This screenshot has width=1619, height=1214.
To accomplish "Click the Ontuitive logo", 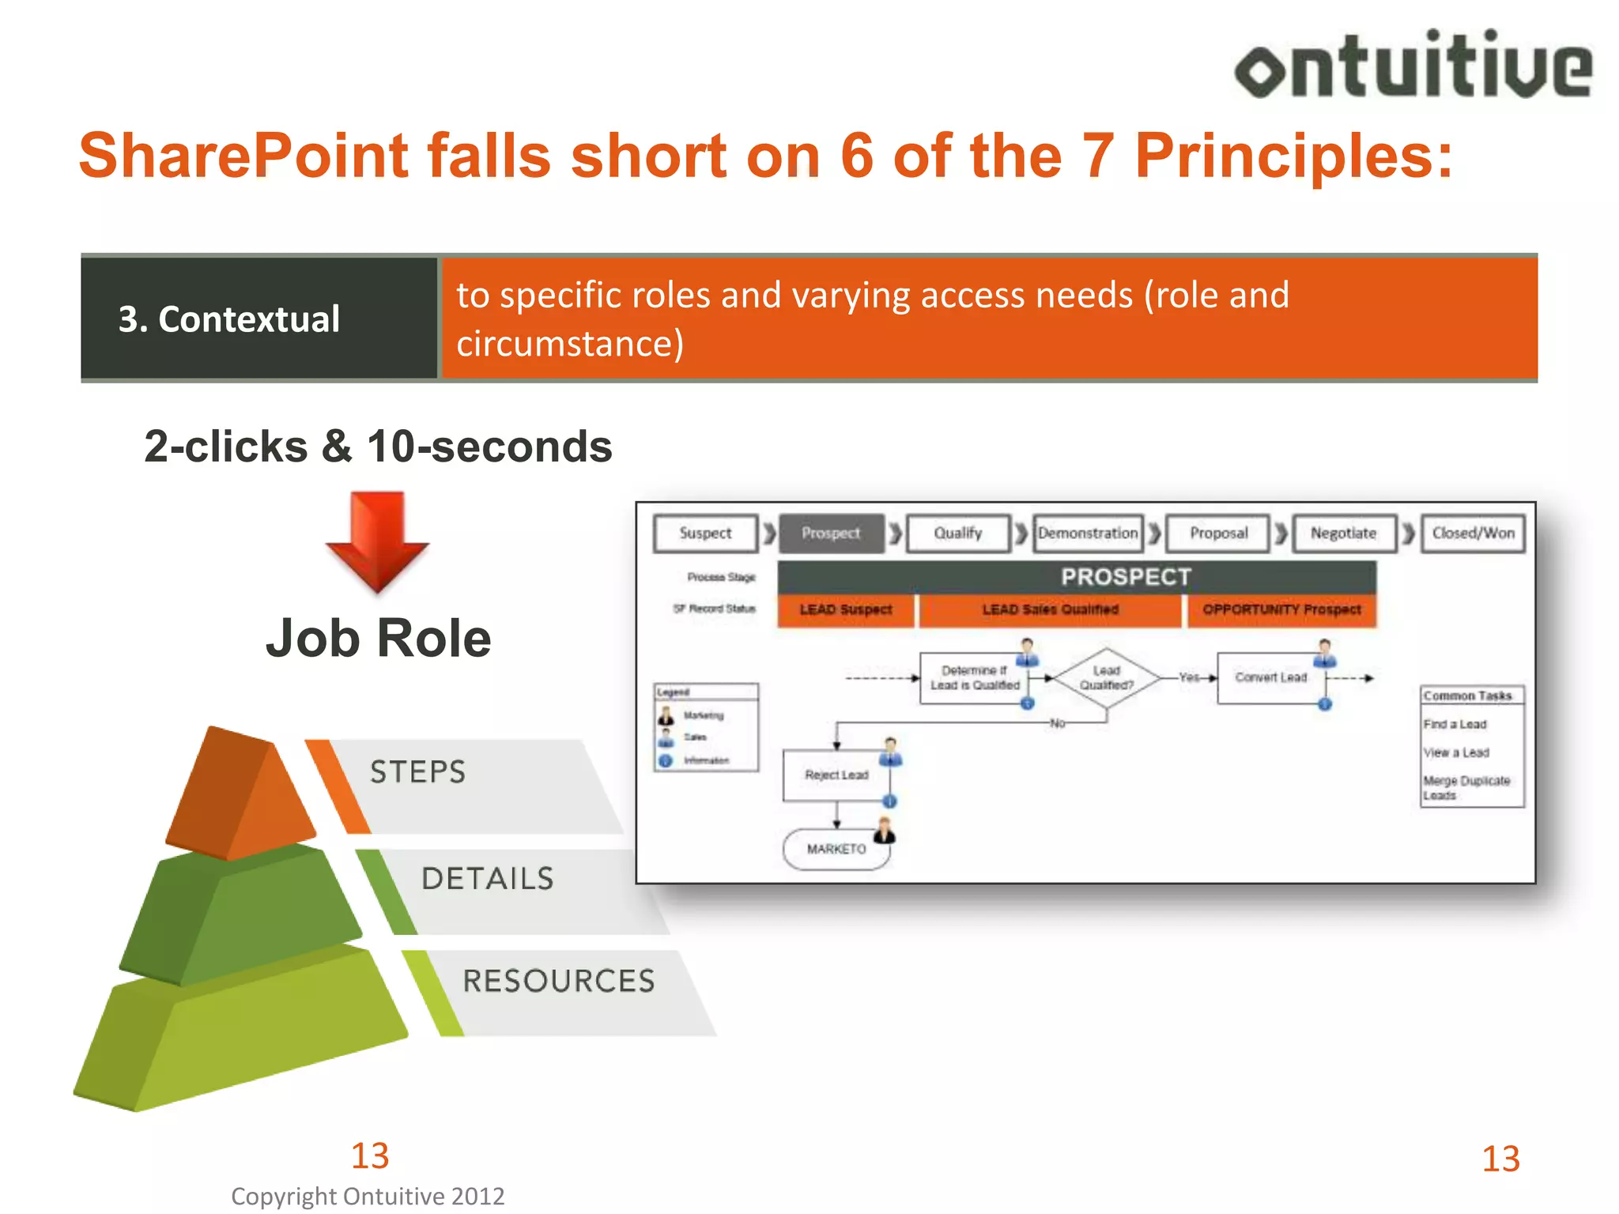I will coord(1413,66).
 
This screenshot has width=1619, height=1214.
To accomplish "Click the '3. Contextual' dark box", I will coord(259,319).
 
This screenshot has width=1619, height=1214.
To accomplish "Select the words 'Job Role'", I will coord(378,638).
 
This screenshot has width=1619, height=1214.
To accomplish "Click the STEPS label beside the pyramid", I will coord(418,771).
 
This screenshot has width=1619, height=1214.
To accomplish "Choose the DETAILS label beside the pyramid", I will coord(488,879).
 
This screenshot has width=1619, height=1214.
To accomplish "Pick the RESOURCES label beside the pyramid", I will coord(559,981).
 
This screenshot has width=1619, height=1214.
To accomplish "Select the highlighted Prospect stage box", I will coord(831,533).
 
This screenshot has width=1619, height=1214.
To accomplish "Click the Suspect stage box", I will coord(705,533).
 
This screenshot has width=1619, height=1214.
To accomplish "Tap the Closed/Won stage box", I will coord(1473,533).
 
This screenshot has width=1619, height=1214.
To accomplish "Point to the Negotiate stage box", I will coord(1343,533).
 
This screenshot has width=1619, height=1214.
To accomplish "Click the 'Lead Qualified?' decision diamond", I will coord(1106,678).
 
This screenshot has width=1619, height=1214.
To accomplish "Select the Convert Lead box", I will coord(1270,677).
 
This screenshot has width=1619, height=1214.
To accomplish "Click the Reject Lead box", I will coord(836,775).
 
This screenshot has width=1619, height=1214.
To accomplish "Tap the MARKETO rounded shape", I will coord(836,849).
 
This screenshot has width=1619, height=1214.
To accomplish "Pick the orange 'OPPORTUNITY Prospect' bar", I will coord(1281,609).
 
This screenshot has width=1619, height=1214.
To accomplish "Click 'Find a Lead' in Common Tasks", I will coord(1455,724).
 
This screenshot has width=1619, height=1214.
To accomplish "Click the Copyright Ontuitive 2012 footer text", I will coord(368,1196).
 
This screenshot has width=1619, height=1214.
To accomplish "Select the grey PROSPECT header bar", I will coord(1077,577).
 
